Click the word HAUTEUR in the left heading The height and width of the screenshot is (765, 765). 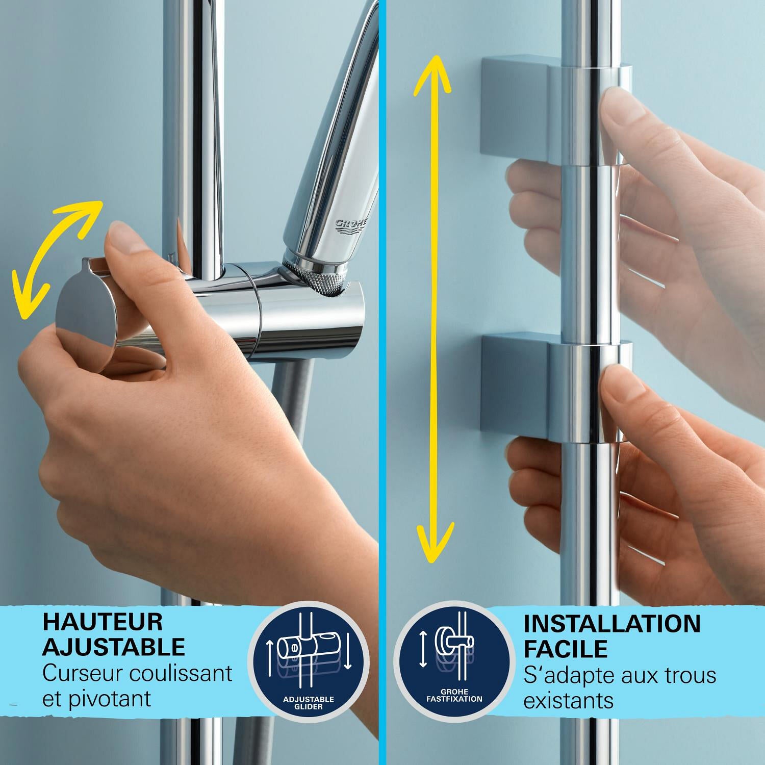point(103,622)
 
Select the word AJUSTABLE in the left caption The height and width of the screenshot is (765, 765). point(113,647)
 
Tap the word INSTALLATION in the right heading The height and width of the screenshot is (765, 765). point(612,623)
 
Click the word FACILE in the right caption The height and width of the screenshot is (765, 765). point(566,649)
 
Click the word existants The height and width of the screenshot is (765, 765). point(568,701)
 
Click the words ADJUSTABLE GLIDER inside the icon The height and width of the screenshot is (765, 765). point(308,702)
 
